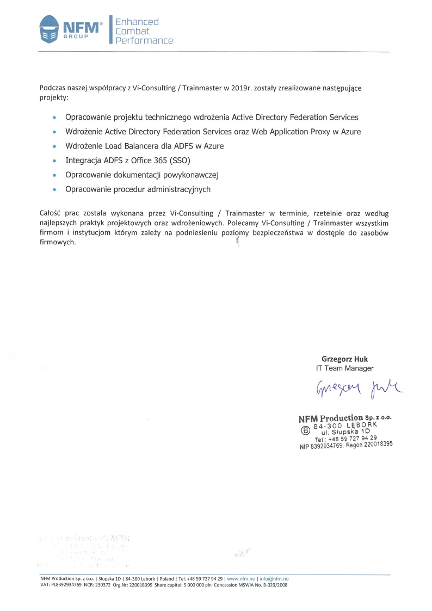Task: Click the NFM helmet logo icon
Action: click(50, 30)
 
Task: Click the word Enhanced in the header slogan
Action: click(137, 22)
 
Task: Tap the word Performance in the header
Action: click(144, 41)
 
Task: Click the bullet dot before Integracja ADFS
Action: click(54, 161)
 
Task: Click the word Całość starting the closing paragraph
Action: click(51, 213)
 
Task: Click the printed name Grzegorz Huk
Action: click(344, 359)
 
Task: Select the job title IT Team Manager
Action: click(345, 368)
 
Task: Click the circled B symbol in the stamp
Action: click(305, 430)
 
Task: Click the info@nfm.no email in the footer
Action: click(274, 578)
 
